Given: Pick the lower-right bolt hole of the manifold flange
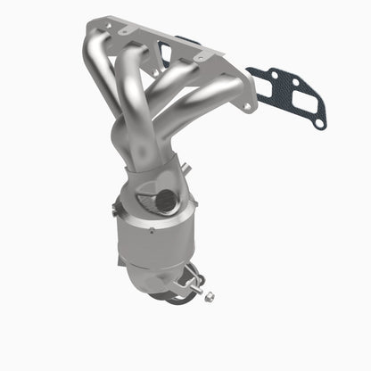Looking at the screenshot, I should tap(247, 106).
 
